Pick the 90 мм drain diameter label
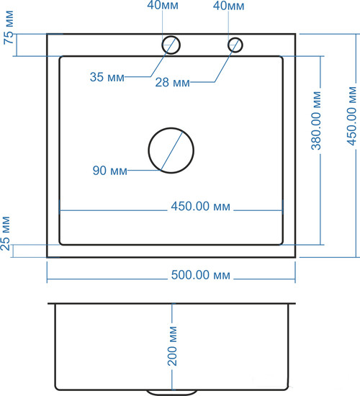110,171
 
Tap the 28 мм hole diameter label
173,83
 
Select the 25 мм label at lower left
7,235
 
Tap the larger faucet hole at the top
171,44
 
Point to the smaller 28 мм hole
235,45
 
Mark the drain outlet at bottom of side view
171,391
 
